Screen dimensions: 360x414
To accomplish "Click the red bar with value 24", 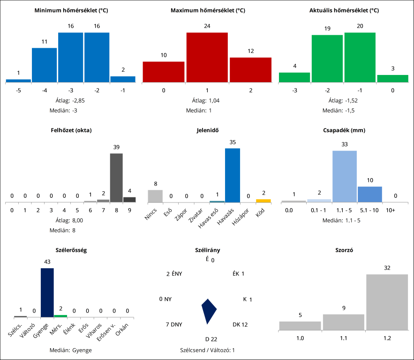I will pyautogui.click(x=207, y=57).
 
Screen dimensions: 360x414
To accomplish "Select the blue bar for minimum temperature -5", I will pyautogui.click(x=19, y=81).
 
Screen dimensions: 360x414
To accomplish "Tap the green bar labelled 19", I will pyautogui.click(x=327, y=59).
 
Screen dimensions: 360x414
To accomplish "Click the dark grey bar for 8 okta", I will pyautogui.click(x=116, y=178).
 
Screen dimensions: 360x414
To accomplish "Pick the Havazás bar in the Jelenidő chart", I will pyautogui.click(x=233, y=175).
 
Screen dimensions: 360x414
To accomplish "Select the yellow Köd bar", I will pyautogui.click(x=263, y=201).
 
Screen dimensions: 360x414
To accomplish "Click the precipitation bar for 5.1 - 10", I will pyautogui.click(x=370, y=194).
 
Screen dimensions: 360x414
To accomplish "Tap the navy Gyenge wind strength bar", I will pyautogui.click(x=47, y=292).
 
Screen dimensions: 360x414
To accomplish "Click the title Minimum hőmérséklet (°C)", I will pyautogui.click(x=71, y=10).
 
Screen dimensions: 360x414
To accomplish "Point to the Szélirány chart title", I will pyautogui.click(x=207, y=250).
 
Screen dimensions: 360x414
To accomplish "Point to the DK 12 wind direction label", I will pyautogui.click(x=240, y=324).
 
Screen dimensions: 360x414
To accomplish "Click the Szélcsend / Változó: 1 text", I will pyautogui.click(x=207, y=350).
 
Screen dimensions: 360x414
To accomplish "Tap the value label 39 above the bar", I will pyautogui.click(x=116, y=147).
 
